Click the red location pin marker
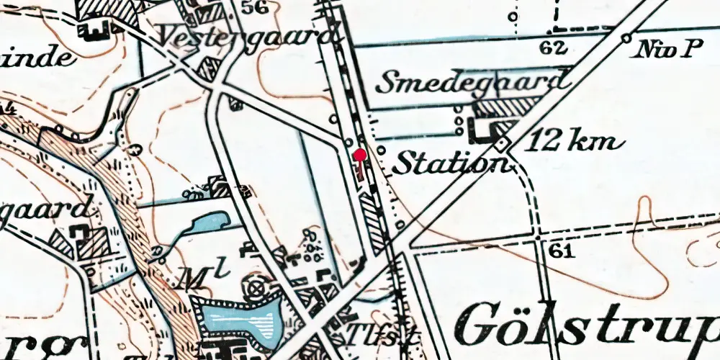coord(360,154)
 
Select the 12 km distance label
coord(573,141)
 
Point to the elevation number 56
coord(252,8)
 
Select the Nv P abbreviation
coord(669,49)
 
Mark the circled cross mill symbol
coord(255,289)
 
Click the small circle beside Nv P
coord(626,37)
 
